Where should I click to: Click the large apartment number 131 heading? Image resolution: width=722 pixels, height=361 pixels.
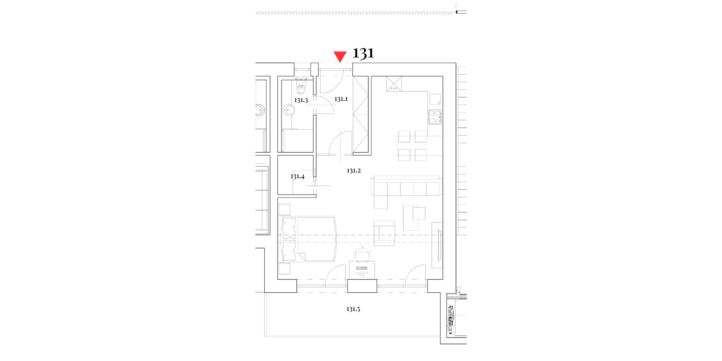pos(363,53)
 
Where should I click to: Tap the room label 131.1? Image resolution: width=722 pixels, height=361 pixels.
pos(341,99)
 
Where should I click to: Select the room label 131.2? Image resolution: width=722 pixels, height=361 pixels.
pos(354,170)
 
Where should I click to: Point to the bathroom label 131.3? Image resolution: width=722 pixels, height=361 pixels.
pos(301,100)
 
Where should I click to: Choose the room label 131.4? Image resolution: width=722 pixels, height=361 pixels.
pos(297,177)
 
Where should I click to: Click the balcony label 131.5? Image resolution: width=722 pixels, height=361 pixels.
pos(353,309)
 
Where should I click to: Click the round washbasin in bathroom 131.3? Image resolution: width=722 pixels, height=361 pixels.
pos(289,110)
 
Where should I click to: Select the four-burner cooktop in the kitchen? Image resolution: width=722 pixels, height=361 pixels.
pos(435,117)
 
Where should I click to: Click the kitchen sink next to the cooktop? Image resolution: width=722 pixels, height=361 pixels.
pos(435,99)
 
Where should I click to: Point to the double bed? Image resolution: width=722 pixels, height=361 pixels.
pos(308,239)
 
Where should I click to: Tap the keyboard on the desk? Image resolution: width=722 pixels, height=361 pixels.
pos(362,268)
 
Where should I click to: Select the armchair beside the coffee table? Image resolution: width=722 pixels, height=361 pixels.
pos(384,233)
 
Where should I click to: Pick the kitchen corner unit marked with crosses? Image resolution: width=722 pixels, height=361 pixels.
pos(394,84)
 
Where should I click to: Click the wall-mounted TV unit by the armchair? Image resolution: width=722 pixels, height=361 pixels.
pos(437,245)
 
